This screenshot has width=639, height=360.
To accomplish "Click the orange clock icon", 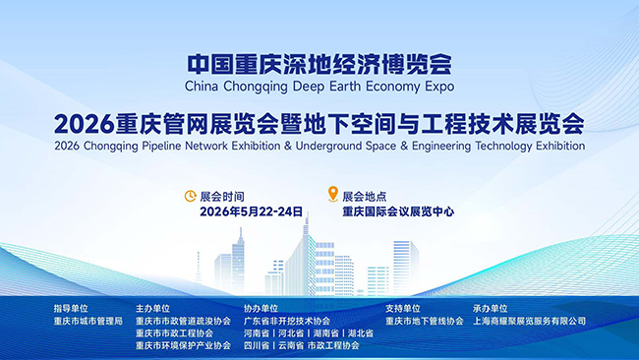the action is [191, 196].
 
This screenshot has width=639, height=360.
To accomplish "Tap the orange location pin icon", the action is [333, 194].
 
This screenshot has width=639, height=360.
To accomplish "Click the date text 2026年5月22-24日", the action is [251, 211].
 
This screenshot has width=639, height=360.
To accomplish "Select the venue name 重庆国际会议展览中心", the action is [398, 211].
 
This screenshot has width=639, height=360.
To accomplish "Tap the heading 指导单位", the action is [71, 309].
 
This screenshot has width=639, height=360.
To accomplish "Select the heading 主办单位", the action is [152, 309].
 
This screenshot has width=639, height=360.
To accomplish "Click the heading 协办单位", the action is [261, 309].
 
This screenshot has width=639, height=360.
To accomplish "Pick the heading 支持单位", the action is [403, 309].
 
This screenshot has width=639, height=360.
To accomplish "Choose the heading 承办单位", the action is [491, 309].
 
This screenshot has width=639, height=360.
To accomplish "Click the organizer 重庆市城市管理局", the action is [88, 322].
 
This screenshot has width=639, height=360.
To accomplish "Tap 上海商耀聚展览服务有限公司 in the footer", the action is [529, 322].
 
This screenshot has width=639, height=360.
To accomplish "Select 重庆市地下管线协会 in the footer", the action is [425, 322].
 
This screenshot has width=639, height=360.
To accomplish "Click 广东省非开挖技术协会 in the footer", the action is [287, 322].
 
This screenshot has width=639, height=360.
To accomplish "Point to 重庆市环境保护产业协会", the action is [184, 345].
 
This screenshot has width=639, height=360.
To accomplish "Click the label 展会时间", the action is [222, 197].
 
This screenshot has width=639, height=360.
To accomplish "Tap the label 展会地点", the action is [365, 197].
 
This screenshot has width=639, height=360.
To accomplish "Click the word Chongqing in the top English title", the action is [256, 87].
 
